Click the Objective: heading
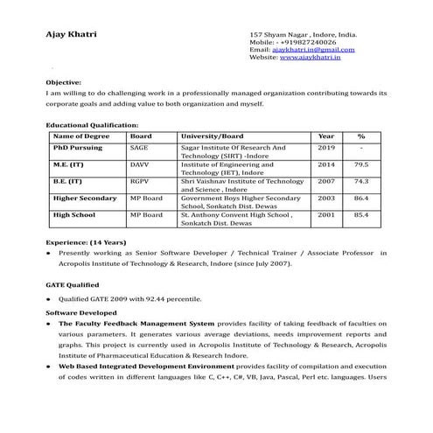(63, 80)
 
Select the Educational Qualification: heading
(91, 125)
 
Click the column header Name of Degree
(80, 136)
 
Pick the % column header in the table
(360, 136)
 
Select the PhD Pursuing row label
(78, 148)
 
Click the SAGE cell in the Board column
(139, 148)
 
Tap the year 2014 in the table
(325, 164)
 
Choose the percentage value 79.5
(360, 164)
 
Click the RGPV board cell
(141, 181)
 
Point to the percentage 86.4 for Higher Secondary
(360, 198)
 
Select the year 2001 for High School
(325, 214)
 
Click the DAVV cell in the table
(140, 164)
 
